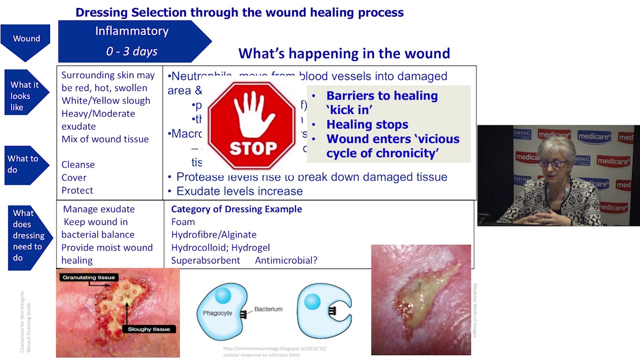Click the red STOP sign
click(251, 125)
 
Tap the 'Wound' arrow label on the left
click(26, 39)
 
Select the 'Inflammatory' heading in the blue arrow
click(131, 31)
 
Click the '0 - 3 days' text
click(131, 51)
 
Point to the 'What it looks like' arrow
click(25, 95)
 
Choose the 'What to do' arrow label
click(23, 164)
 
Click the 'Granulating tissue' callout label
click(88, 277)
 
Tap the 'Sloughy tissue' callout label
click(148, 329)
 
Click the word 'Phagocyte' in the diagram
click(217, 313)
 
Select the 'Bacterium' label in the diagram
click(268, 309)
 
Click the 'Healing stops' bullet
click(367, 124)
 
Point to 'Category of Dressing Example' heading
click(236, 209)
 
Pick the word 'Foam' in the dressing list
click(183, 222)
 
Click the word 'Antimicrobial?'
click(286, 260)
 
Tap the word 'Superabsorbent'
click(205, 260)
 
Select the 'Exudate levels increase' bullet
click(239, 191)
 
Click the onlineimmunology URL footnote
click(274, 352)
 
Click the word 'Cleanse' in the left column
click(78, 164)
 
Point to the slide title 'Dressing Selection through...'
click(239, 12)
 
